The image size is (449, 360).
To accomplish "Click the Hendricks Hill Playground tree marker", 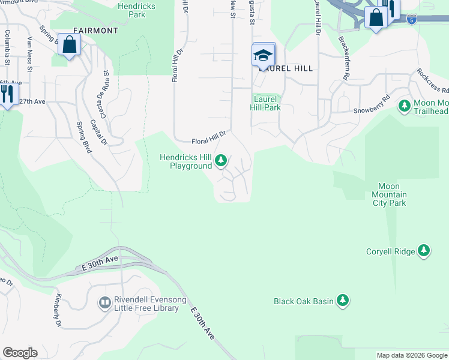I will pos(221,160).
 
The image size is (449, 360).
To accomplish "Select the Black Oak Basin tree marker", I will pos(343,300).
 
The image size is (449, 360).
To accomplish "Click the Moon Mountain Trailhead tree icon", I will pos(405,106).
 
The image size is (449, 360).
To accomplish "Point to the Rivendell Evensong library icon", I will pos(105,302).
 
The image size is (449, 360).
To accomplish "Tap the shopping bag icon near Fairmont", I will pos(70,45).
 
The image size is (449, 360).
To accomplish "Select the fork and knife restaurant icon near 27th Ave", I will pos(7,94).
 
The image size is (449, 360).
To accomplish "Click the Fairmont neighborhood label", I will pos(95,30).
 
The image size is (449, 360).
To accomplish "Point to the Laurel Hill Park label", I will pos(265,103).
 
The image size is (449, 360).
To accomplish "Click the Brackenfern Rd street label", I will pos(343,59).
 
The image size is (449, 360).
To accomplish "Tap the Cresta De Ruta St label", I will pos(105,88).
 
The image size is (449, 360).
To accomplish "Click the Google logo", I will pos(20,353).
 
